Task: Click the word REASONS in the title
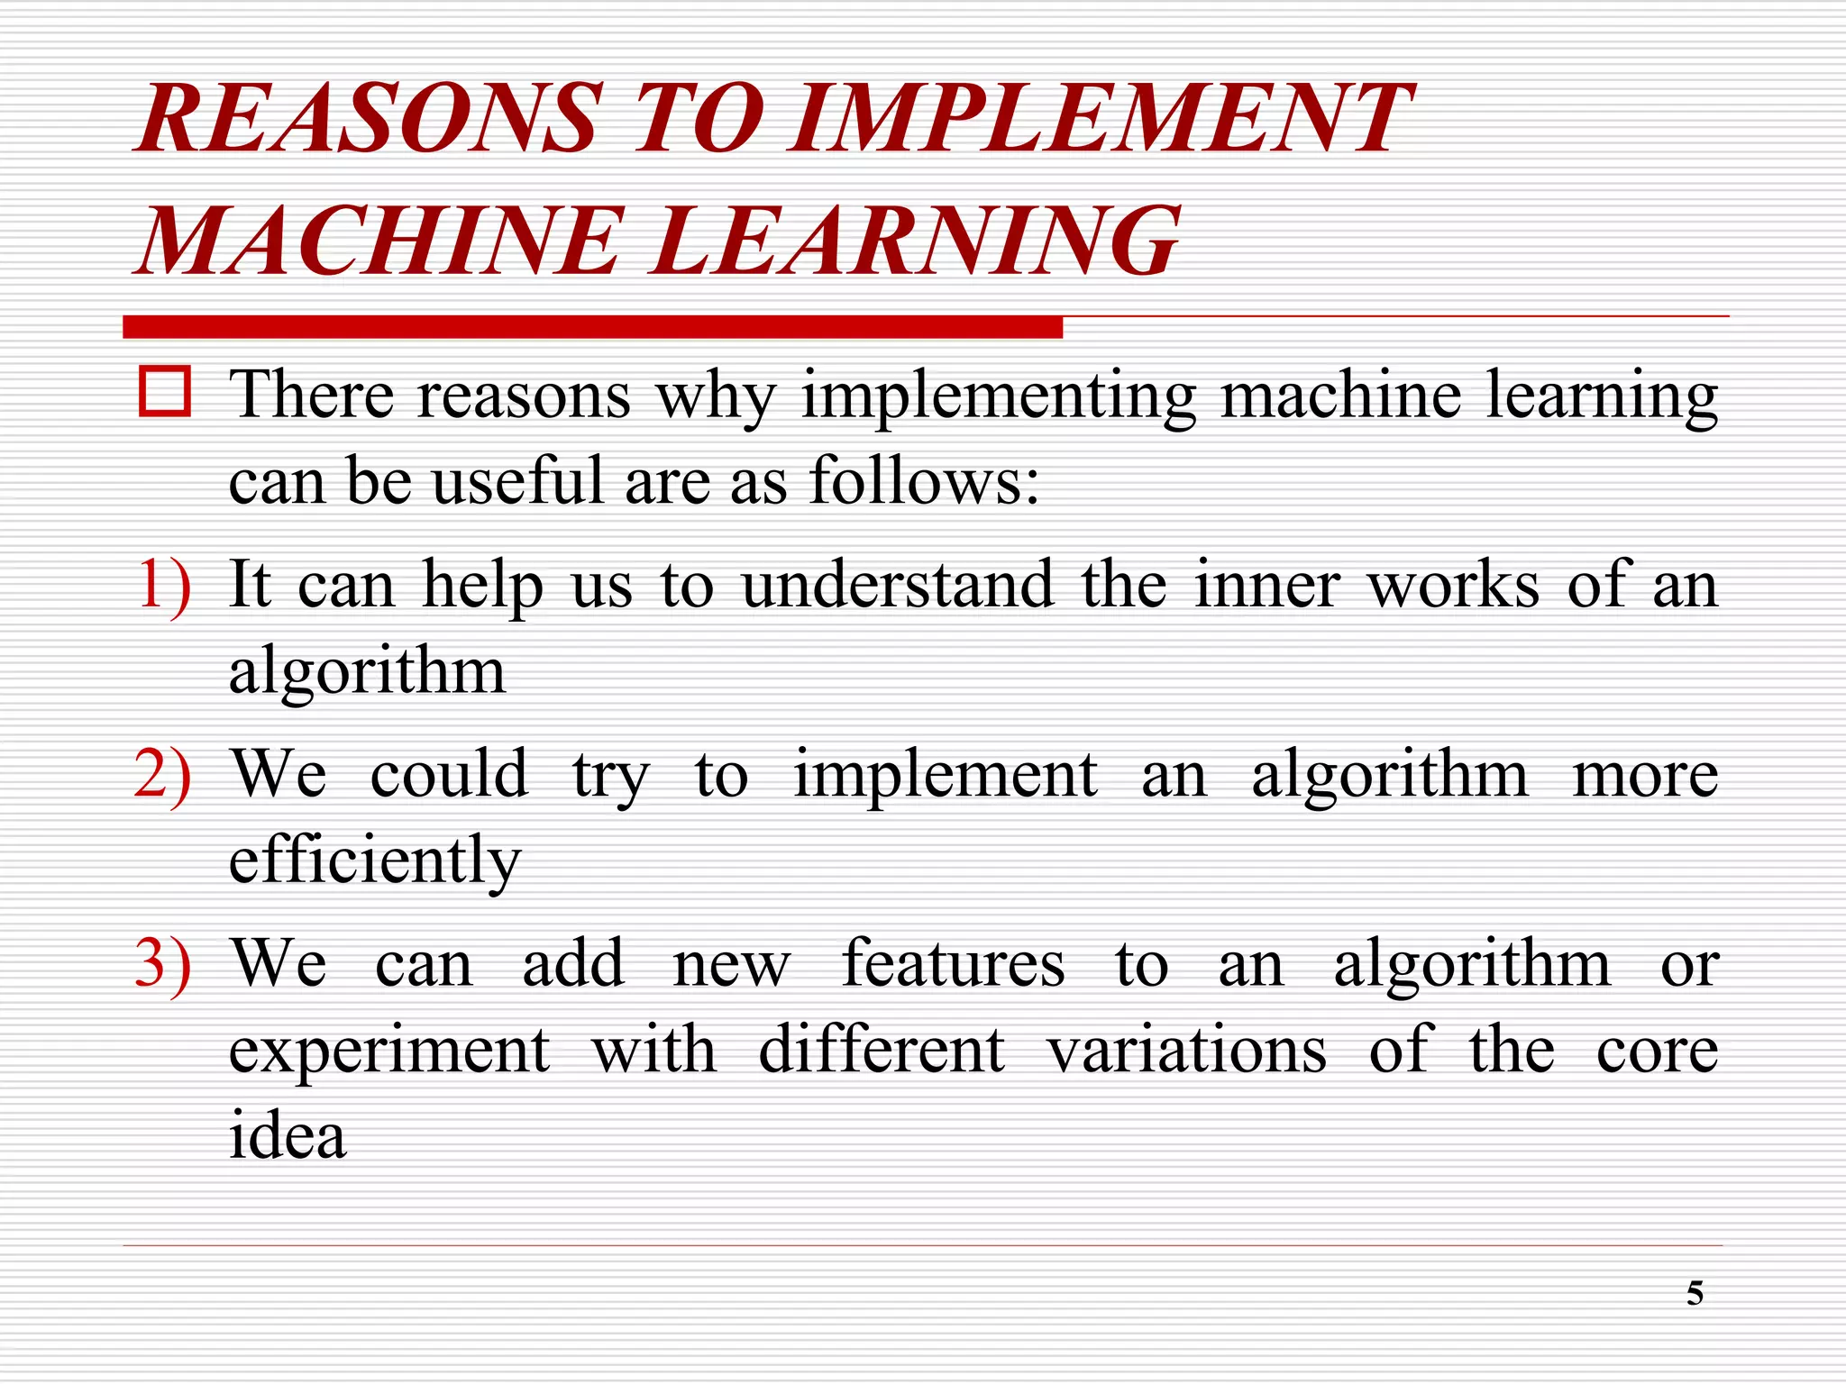point(368,118)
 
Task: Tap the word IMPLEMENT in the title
point(1098,118)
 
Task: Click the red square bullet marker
point(165,392)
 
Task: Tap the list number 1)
point(164,586)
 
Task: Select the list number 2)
point(163,775)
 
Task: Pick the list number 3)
point(163,964)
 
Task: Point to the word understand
point(898,586)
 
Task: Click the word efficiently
point(375,860)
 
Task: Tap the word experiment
point(389,1052)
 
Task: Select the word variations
point(1186,1050)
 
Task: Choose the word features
point(953,964)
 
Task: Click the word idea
point(288,1135)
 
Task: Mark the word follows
point(924,480)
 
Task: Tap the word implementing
point(999,396)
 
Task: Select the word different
point(882,1050)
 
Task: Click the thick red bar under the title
point(592,327)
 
